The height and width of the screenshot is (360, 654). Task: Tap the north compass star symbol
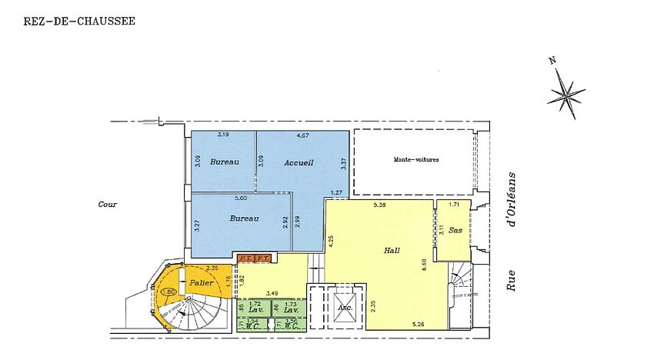pos(567,94)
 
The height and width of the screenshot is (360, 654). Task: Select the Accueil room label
pos(299,162)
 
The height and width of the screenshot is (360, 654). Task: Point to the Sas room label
pos(455,231)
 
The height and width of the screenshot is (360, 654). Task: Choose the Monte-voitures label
pos(415,159)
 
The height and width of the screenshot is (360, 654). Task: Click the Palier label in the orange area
pos(202,283)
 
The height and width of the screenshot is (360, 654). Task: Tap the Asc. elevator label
pos(345,307)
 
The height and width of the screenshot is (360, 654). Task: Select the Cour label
pos(107,205)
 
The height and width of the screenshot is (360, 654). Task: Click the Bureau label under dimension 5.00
pos(243,218)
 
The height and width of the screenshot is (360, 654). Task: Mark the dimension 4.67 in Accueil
pos(302,135)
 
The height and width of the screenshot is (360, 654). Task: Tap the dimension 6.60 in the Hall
pos(424,264)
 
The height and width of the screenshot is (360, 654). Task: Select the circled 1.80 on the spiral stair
pos(169,292)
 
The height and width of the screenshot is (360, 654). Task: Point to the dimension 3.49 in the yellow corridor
pos(272,293)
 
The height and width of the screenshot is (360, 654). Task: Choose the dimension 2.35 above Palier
pos(212,268)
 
